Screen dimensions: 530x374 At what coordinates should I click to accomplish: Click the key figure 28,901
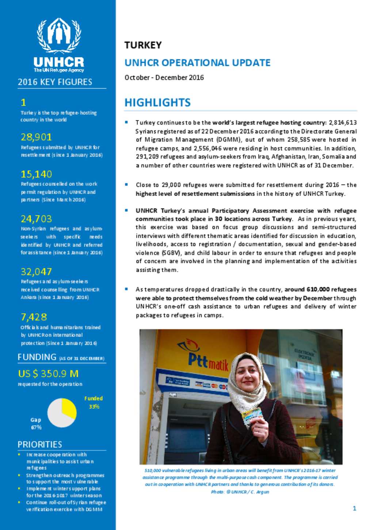click(36, 137)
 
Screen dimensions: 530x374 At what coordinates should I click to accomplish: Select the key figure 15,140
click(36, 174)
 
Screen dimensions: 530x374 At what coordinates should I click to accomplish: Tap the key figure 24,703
click(36, 219)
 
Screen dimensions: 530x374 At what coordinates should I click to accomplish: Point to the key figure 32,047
click(36, 272)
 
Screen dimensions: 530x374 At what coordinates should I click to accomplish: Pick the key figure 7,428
click(34, 317)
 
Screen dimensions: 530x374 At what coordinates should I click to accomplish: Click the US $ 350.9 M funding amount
click(48, 373)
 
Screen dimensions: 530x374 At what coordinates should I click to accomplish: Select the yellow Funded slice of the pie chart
click(68, 408)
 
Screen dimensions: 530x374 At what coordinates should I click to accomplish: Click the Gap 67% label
click(36, 424)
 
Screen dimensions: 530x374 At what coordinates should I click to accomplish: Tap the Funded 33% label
click(93, 402)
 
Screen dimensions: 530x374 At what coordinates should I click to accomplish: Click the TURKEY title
click(143, 45)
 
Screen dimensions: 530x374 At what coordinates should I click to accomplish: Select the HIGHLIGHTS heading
click(157, 102)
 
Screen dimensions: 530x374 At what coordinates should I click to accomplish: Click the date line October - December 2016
click(164, 78)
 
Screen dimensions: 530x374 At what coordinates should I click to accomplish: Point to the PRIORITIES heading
click(40, 444)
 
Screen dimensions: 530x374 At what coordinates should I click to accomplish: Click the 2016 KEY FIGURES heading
click(55, 82)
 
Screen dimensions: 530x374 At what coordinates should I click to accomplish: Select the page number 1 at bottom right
click(354, 508)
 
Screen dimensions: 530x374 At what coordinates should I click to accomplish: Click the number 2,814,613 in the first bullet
click(343, 123)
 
